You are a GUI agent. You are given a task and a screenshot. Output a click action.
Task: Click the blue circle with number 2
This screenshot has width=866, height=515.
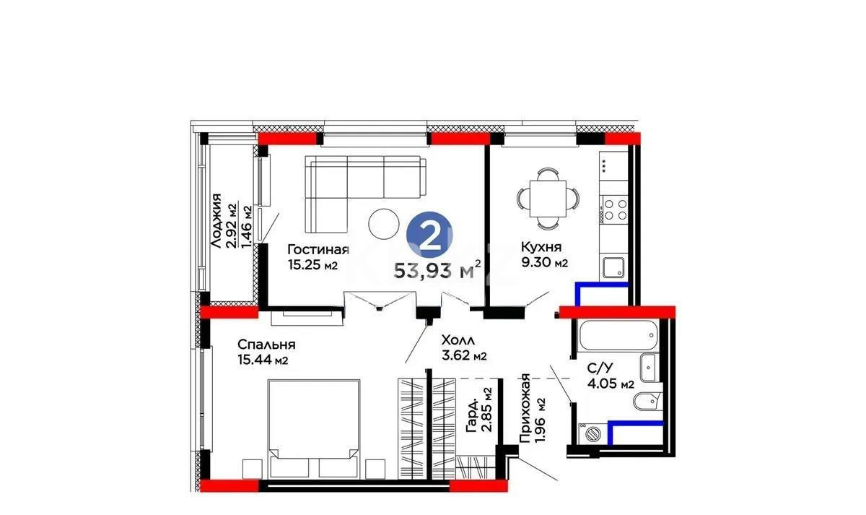tap(431, 235)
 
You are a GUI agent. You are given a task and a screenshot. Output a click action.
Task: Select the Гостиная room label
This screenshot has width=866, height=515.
tap(318, 251)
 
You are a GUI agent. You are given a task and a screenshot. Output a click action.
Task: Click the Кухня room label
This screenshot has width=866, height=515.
tap(541, 247)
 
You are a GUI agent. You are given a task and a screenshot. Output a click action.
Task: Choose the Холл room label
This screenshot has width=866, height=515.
tap(458, 339)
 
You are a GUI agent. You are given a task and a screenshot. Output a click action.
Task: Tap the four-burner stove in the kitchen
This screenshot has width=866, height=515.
tap(615, 209)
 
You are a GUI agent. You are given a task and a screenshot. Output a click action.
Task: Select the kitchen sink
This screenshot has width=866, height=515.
tap(614, 267)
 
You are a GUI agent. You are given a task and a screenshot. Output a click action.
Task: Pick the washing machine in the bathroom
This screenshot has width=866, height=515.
tap(593, 434)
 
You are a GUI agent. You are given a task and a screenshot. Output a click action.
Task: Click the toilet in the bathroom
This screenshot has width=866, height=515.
tap(647, 401)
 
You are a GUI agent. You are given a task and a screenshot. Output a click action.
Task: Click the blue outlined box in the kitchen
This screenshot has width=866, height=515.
tap(602, 294)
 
